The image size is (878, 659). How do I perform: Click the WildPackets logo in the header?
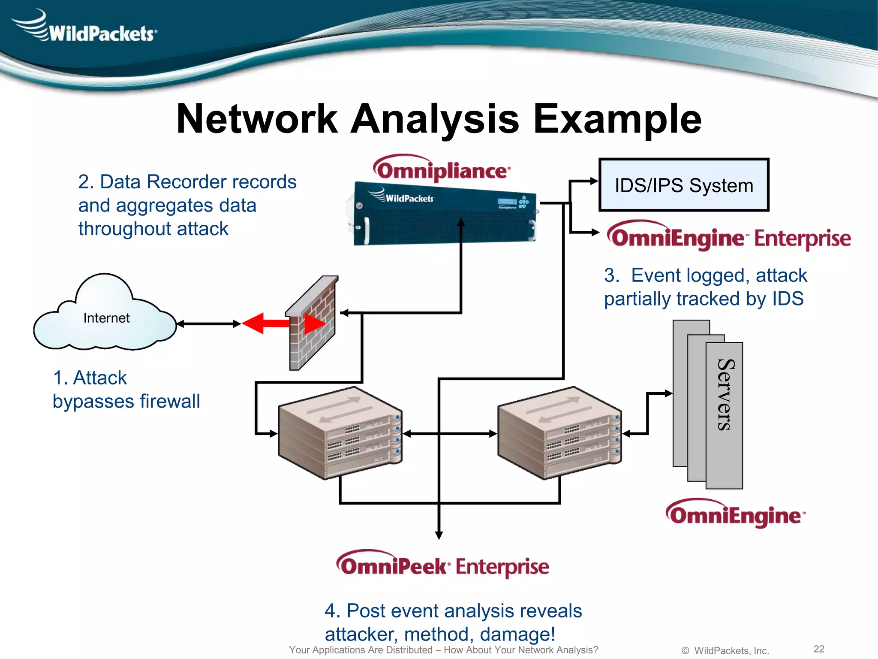point(86,28)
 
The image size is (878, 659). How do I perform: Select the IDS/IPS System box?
point(683,185)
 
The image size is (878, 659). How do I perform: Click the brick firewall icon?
point(312,324)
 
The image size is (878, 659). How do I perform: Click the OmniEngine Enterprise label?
point(729,238)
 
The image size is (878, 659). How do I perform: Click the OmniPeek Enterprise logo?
point(442,565)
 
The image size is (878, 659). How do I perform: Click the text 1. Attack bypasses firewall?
point(126,390)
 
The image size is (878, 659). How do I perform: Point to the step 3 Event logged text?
point(705,287)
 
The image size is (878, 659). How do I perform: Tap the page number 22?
point(819,649)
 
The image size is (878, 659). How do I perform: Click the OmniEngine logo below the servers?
point(735,514)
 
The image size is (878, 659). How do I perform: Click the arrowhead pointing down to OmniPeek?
point(439,535)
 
